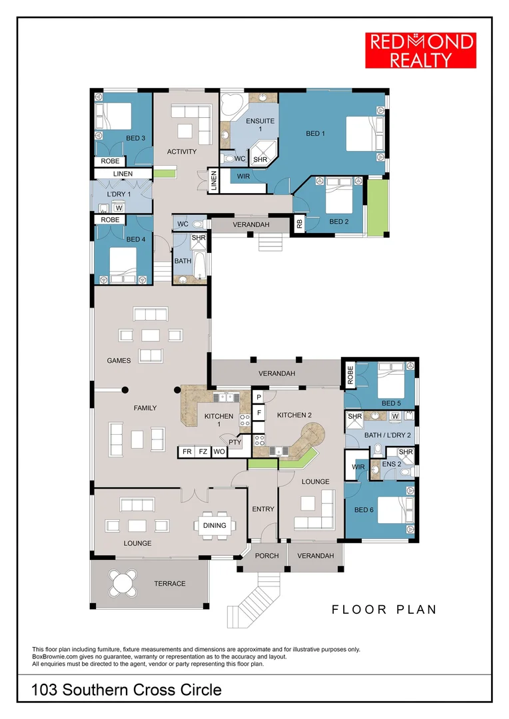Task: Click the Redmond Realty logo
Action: (x=421, y=50)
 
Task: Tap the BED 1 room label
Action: (x=315, y=134)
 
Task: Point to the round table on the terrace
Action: (x=124, y=583)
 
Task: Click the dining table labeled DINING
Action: (x=215, y=525)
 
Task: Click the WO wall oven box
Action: (x=219, y=452)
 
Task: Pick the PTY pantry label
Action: (x=235, y=441)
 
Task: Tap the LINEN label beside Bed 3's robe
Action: (x=123, y=174)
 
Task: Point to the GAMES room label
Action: (x=119, y=361)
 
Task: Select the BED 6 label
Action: (x=364, y=510)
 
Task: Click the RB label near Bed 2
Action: (x=299, y=225)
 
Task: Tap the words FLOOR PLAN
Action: (x=384, y=609)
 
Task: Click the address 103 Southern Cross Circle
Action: (x=127, y=690)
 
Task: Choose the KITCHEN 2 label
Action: (x=294, y=415)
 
